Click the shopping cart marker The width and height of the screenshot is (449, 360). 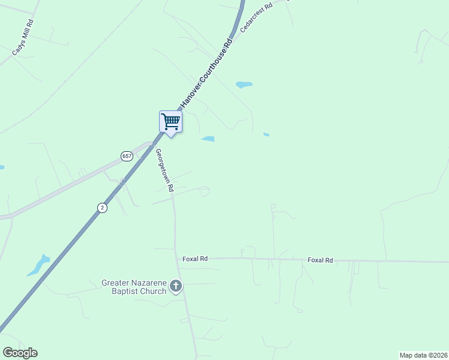170,122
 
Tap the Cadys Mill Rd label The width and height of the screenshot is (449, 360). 23,37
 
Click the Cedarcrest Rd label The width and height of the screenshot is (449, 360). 256,17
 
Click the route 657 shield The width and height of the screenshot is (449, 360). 126,156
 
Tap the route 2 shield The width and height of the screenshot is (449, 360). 103,208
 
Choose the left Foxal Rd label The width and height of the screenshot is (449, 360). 195,259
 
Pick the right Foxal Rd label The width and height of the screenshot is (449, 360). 320,260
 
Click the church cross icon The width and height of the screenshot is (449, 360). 176,286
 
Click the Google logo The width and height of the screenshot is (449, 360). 20,353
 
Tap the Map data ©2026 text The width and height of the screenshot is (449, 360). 424,355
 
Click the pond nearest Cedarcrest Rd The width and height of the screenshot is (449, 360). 244,85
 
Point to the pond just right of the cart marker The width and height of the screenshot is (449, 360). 208,139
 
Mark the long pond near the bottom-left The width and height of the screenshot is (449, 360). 38,265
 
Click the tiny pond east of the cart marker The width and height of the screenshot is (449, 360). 266,134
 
